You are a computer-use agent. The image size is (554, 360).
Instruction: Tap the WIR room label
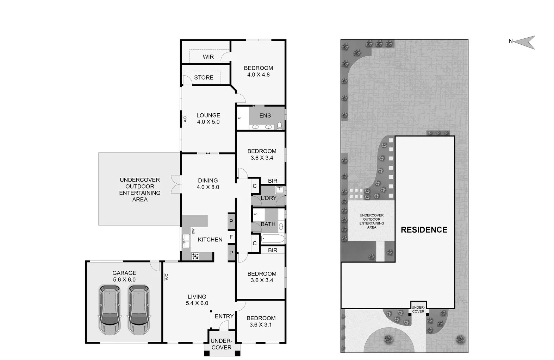click(x=208, y=57)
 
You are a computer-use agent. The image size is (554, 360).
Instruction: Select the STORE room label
click(x=204, y=77)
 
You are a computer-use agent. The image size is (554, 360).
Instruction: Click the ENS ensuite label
click(x=265, y=115)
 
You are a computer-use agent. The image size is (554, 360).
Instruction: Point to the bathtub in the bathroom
click(x=273, y=239)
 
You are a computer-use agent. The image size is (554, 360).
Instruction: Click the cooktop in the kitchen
click(x=195, y=257)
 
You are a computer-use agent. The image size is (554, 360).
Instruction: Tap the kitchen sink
click(x=186, y=241)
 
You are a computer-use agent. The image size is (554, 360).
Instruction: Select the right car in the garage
click(x=138, y=310)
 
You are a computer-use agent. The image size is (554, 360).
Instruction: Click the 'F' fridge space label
click(x=231, y=237)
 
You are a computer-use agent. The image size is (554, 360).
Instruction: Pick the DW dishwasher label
click(x=193, y=231)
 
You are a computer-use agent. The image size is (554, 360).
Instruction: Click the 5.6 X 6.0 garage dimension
click(x=124, y=280)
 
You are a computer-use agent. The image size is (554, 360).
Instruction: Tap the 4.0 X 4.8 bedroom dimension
click(x=258, y=75)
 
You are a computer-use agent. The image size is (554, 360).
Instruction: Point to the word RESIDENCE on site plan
click(x=424, y=230)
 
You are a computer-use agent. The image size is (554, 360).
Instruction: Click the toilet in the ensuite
click(x=279, y=125)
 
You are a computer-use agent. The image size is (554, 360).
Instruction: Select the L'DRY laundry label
click(x=268, y=198)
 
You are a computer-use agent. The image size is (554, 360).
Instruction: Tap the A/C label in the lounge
click(x=185, y=119)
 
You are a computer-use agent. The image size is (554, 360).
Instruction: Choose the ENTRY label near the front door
click(x=224, y=316)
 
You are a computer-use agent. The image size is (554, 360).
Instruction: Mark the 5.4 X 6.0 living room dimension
click(x=197, y=303)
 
